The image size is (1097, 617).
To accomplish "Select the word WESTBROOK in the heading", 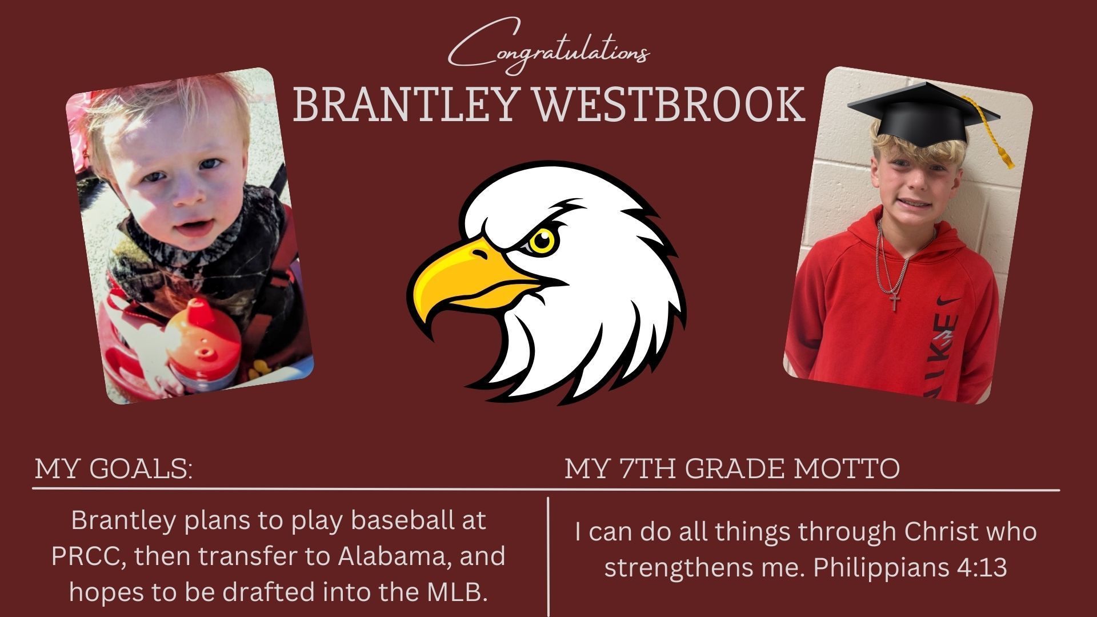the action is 669,105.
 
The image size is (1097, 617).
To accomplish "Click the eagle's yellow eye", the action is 542,241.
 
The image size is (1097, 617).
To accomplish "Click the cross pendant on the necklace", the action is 895,301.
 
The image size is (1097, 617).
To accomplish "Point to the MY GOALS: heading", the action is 114,468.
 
